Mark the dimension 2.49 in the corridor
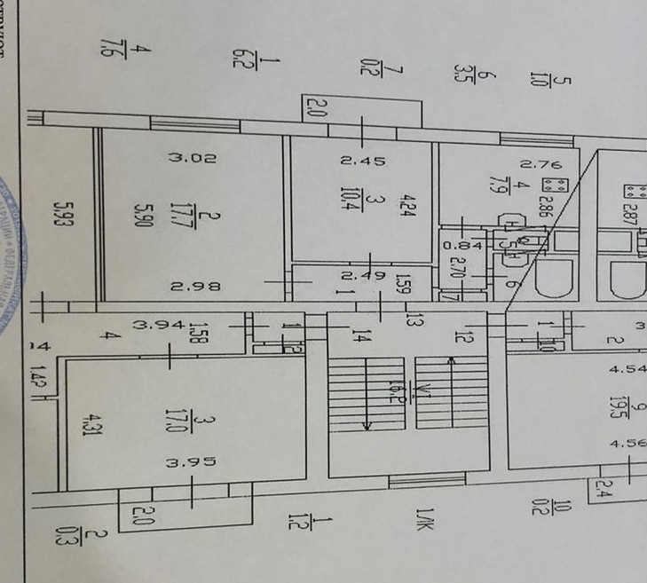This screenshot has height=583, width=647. [363, 276]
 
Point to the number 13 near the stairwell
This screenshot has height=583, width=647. [411, 318]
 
